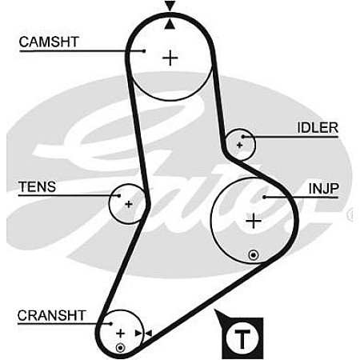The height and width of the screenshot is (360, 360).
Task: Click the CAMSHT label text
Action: pos(49,42)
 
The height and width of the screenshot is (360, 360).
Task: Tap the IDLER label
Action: pos(318,128)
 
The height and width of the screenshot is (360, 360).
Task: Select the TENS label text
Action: pos(37,186)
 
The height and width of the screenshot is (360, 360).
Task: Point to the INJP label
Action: pos(324,189)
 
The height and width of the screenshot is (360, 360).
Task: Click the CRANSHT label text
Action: pos(51,316)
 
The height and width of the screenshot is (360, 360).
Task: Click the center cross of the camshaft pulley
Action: pos(170,58)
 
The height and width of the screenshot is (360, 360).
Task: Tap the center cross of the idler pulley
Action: pos(239,146)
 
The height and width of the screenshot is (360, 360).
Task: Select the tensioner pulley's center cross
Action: pos(129,204)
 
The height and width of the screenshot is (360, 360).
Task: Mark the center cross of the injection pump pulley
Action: pos(254,221)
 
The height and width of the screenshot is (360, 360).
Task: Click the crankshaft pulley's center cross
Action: pos(121,334)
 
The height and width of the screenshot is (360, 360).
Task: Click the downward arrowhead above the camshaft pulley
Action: pos(170,6)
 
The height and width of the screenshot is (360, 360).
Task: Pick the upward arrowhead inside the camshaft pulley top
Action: pos(170,24)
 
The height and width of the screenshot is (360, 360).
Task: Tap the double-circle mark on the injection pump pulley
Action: pos(254,255)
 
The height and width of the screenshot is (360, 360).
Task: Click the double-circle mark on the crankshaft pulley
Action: pos(121,348)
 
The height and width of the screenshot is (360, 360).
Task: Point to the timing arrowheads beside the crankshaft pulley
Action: pos(143,334)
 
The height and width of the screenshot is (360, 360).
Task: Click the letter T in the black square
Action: pos(242,339)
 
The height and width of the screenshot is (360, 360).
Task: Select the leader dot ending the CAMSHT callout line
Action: pos(144,50)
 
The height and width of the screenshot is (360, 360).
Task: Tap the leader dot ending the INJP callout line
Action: pos(264,198)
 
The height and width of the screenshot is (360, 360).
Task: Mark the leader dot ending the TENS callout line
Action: pos(119,196)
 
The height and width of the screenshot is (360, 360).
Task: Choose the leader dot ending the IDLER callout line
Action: pos(243,137)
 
